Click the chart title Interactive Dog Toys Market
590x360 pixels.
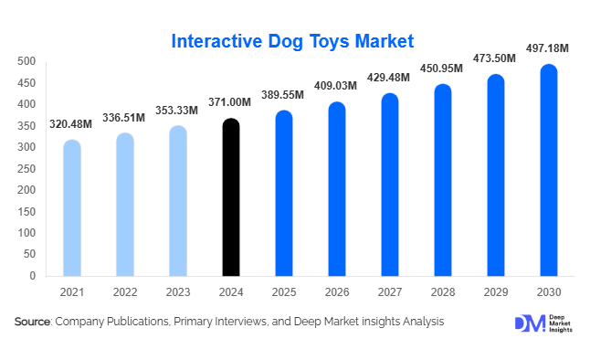(x=293, y=41)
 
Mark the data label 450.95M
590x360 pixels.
(x=440, y=69)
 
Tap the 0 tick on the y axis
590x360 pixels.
(x=32, y=275)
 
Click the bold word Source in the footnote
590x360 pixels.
(x=32, y=323)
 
